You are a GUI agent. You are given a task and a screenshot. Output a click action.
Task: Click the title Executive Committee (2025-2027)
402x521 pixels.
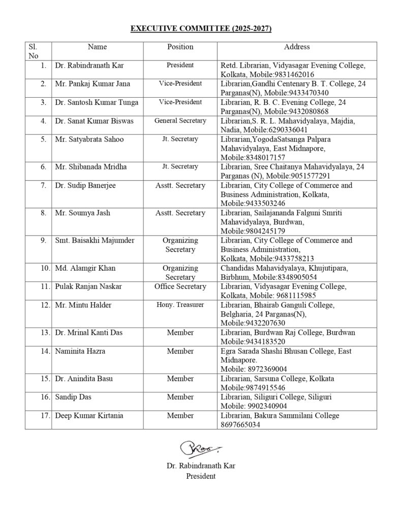coord(201,28)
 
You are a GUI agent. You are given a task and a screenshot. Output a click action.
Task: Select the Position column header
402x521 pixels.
coord(180,47)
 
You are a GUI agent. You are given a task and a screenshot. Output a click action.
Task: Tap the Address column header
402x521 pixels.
coord(297,47)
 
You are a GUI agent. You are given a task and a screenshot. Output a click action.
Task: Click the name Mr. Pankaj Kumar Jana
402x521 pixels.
coord(89,83)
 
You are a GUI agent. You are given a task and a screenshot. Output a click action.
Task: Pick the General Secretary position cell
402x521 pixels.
coord(180,121)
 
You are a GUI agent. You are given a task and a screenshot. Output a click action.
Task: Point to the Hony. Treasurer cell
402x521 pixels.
coord(180,305)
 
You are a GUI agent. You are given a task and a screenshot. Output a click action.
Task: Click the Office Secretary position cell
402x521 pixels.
coord(180,286)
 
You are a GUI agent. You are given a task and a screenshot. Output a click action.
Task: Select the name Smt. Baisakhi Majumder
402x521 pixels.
coord(95,240)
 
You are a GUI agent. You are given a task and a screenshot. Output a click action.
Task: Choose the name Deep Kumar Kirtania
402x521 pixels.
coord(89,416)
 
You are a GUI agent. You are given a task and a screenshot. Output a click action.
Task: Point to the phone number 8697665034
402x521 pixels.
coord(240,424)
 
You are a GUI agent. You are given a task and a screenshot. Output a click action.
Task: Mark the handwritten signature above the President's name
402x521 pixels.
coord(200,449)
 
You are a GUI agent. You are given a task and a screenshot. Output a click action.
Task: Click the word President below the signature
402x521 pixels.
coord(201,476)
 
